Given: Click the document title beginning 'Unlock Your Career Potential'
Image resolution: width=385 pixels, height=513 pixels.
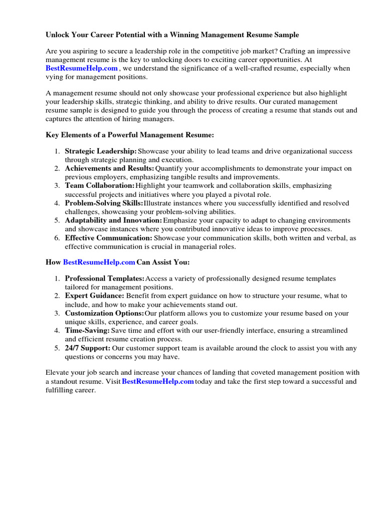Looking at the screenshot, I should click(x=172, y=35).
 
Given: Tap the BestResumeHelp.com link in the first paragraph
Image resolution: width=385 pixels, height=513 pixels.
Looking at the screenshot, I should click(x=82, y=69).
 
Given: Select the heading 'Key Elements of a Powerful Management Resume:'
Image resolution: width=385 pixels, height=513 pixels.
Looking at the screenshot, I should click(x=130, y=135).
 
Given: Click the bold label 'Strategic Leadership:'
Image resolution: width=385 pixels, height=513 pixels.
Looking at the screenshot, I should click(x=101, y=151).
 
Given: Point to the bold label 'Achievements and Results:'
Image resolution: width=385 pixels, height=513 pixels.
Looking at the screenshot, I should click(x=110, y=169).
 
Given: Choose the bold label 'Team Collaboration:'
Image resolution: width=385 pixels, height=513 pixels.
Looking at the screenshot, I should click(x=100, y=186).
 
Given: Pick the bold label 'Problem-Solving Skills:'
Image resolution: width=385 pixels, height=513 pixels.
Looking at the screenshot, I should click(x=104, y=203).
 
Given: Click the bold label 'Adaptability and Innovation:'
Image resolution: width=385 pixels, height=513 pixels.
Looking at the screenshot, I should click(x=113, y=220).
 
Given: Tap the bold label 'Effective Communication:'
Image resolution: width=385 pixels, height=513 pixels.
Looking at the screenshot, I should click(x=108, y=238).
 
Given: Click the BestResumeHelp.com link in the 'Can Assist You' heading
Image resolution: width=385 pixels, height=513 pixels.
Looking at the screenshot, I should click(x=99, y=262).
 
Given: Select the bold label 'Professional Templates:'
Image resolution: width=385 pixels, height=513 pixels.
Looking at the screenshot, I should click(x=105, y=279).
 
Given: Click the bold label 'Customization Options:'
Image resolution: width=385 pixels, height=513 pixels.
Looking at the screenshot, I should click(x=104, y=314).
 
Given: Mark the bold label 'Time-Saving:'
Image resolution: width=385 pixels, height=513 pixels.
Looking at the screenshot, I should click(x=87, y=331).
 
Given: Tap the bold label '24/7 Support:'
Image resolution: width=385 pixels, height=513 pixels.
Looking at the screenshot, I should click(x=87, y=348).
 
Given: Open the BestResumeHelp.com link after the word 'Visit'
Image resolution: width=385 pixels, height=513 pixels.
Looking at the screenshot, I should click(x=157, y=382).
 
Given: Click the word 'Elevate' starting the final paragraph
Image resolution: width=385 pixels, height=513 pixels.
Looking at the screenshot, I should click(x=59, y=373).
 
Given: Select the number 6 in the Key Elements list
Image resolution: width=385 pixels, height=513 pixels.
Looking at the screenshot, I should click(x=57, y=238).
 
